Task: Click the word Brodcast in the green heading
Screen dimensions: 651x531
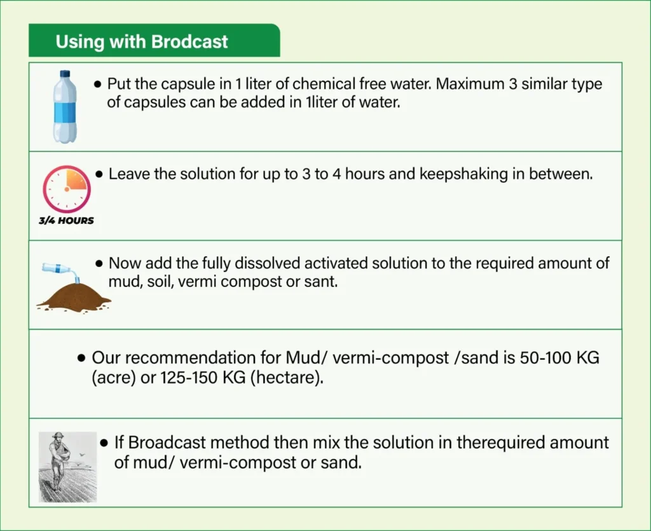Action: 189,41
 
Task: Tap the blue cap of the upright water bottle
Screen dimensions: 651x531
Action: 65,74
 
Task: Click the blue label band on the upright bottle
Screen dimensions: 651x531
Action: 65,112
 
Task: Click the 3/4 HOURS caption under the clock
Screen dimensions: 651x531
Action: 66,221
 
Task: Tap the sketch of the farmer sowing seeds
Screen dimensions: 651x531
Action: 67,467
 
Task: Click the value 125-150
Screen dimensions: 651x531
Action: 189,378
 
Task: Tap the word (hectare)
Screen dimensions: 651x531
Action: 287,378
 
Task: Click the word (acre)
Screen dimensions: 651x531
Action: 114,378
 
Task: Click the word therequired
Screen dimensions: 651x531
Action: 501,443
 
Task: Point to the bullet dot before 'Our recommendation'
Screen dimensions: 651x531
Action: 82,358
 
